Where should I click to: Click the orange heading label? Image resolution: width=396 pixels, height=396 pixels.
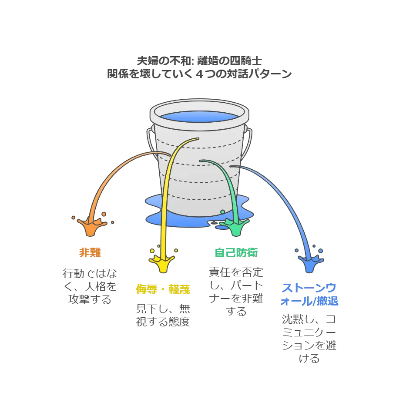pos(89,252)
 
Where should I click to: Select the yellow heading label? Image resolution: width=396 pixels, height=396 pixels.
pos(163,289)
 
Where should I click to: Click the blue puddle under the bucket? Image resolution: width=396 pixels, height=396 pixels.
pos(191,218)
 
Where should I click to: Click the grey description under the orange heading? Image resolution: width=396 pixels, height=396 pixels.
pos(91,287)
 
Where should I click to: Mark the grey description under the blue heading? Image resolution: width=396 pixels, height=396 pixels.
pos(309,338)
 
